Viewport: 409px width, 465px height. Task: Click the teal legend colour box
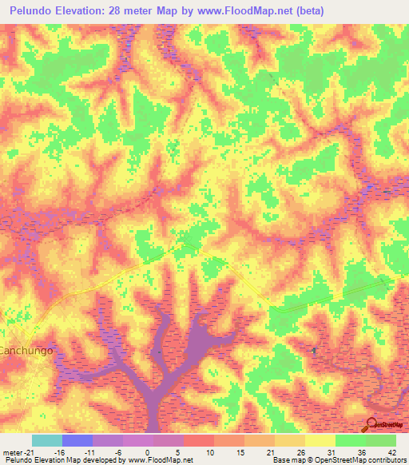click(x=47, y=440)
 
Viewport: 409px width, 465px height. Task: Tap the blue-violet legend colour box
click(x=77, y=440)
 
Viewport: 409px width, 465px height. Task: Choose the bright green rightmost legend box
click(x=381, y=440)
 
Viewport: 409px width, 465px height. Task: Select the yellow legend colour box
click(x=320, y=440)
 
